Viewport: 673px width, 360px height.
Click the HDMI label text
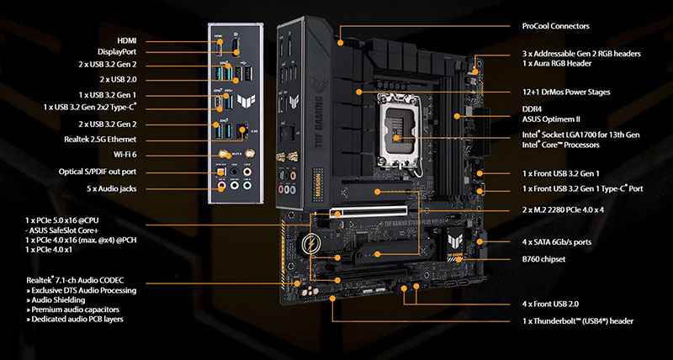(x=127, y=40)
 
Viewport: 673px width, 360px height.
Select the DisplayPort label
(x=117, y=52)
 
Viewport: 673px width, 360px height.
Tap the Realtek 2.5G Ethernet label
(x=100, y=140)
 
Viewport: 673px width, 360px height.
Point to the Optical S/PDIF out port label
(x=98, y=172)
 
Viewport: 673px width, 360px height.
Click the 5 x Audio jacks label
(x=112, y=188)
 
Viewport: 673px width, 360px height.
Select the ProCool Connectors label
(x=556, y=26)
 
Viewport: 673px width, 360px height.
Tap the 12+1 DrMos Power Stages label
(x=566, y=93)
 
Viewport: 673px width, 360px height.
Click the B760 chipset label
(x=543, y=259)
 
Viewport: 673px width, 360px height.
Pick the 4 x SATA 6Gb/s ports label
(x=557, y=242)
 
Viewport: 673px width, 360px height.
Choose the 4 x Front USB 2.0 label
(x=551, y=304)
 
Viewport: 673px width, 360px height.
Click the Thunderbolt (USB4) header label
(x=578, y=321)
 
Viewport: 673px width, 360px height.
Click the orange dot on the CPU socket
(x=396, y=138)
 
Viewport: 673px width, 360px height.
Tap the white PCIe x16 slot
(x=368, y=210)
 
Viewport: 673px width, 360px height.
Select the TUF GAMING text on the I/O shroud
(x=320, y=122)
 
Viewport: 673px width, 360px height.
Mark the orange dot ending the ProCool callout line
(x=340, y=43)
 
